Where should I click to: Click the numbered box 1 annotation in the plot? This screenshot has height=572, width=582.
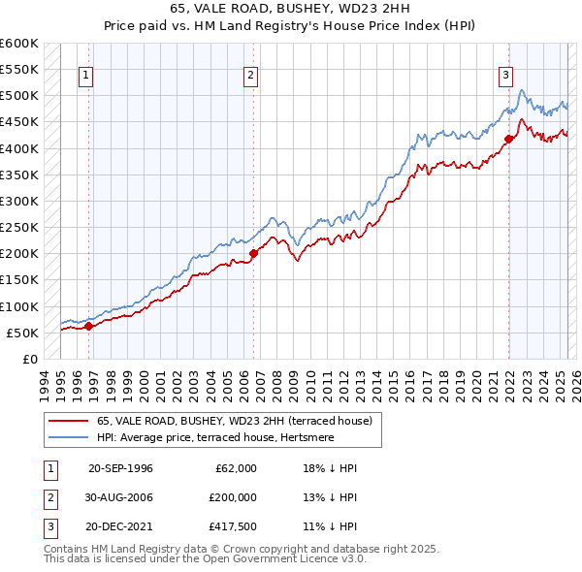coord(87,76)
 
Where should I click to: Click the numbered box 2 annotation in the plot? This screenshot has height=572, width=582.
coord(250,76)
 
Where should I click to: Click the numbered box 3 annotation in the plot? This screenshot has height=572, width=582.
coord(506,76)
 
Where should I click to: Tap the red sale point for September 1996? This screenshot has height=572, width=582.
coord(88,326)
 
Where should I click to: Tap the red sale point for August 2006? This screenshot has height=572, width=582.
coord(253,253)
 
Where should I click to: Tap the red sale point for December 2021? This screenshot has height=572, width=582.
coord(508,139)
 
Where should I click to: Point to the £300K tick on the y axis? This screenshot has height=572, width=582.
coord(19,201)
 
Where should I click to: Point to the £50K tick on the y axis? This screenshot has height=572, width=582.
coord(22,333)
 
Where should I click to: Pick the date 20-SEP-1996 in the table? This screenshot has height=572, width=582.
coord(120,468)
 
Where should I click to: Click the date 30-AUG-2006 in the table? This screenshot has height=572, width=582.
coord(120,496)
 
